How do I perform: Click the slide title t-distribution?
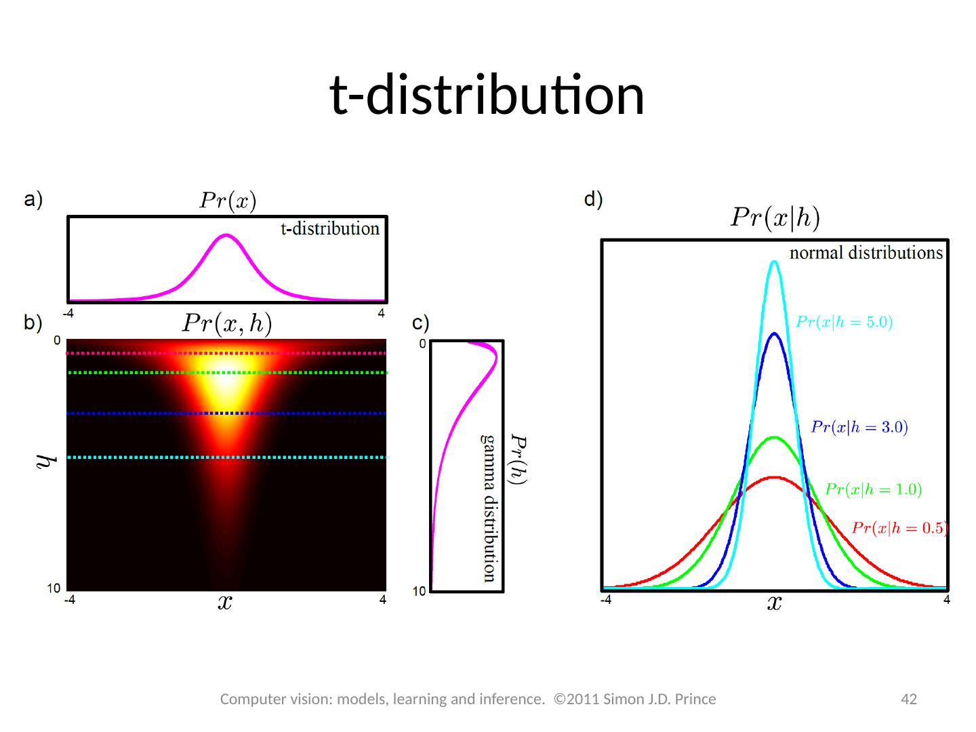[x=487, y=95]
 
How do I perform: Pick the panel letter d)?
[x=593, y=199]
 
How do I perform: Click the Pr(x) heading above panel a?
[x=227, y=201]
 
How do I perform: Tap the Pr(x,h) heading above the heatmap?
[x=227, y=324]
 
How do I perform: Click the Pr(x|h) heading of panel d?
[x=775, y=218]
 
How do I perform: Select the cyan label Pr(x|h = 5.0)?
[x=844, y=323]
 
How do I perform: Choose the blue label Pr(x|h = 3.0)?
[x=859, y=427]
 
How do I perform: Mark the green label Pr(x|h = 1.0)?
[x=873, y=489]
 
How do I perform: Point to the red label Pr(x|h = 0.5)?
[x=899, y=528]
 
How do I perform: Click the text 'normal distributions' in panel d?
[x=866, y=253]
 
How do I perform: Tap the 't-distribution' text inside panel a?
[x=330, y=229]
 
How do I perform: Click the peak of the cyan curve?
[x=774, y=262]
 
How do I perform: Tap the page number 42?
[x=908, y=699]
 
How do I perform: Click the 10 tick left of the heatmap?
[x=54, y=588]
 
